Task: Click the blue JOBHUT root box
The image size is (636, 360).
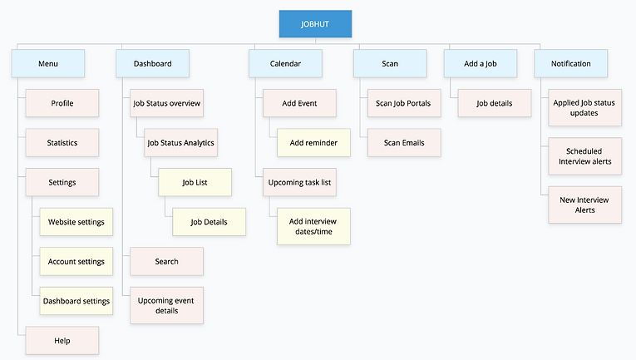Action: pyautogui.click(x=315, y=23)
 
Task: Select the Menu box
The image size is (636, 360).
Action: pyautogui.click(x=48, y=63)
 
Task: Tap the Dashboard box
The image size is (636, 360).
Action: pyautogui.click(x=153, y=63)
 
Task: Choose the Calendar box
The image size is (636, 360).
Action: pyautogui.click(x=285, y=63)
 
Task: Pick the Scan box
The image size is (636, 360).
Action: pyautogui.click(x=389, y=63)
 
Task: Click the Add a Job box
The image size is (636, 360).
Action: pyautogui.click(x=480, y=63)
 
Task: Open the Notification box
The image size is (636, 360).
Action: pyautogui.click(x=571, y=63)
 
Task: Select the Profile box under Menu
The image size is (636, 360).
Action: pyautogui.click(x=62, y=103)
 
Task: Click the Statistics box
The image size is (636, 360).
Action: pyautogui.click(x=62, y=142)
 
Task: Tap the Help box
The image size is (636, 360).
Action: pyautogui.click(x=62, y=340)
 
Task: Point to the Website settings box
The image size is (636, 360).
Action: pyautogui.click(x=76, y=222)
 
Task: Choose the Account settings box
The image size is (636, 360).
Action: pyautogui.click(x=76, y=261)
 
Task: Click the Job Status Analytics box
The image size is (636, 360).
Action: pyautogui.click(x=180, y=142)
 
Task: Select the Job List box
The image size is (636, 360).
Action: pyautogui.click(x=195, y=182)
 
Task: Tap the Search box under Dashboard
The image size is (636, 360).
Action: pyautogui.click(x=166, y=261)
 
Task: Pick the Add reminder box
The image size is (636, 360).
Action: pyautogui.click(x=313, y=142)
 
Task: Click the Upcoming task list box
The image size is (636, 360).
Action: pyautogui.click(x=300, y=182)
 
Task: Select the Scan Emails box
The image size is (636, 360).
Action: pyautogui.click(x=404, y=142)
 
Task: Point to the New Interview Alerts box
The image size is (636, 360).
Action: pyautogui.click(x=584, y=205)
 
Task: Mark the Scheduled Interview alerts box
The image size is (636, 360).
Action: pyautogui.click(x=584, y=155)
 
